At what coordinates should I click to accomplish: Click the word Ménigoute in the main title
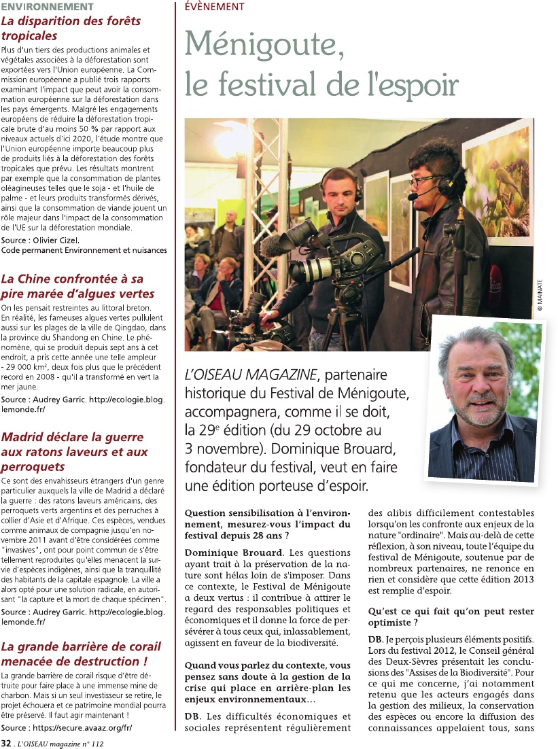pyautogui.click(x=261, y=45)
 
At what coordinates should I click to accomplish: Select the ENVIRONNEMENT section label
pyautogui.click(x=47, y=6)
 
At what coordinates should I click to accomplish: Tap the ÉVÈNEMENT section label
pyautogui.click(x=215, y=6)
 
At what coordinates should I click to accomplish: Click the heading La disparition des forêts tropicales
pyautogui.click(x=71, y=28)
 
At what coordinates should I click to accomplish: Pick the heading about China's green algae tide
pyautogui.click(x=77, y=286)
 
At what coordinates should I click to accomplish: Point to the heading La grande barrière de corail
pyautogui.click(x=81, y=653)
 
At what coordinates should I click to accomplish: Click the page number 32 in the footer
pyautogui.click(x=5, y=744)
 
